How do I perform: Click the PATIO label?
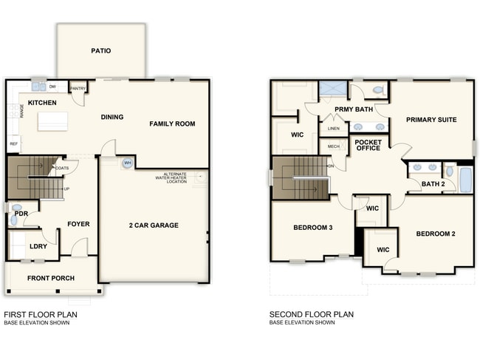tap(101, 51)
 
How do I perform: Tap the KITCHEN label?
tap(42, 103)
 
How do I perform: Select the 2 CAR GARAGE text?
tap(154, 225)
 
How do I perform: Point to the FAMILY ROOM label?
tap(172, 123)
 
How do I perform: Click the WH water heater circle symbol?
tap(127, 163)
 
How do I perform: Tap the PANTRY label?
tap(78, 89)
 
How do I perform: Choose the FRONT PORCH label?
tap(49, 278)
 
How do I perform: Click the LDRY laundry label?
tap(38, 247)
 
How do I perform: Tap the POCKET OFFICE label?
tap(368, 144)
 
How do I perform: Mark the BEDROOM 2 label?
tap(435, 234)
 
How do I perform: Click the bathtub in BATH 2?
tap(465, 180)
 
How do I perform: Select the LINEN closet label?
tap(333, 129)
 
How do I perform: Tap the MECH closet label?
tap(333, 146)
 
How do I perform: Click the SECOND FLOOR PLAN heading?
tap(311, 314)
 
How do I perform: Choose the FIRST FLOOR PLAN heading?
tap(41, 314)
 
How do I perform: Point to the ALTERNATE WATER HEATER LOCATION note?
tap(171, 177)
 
